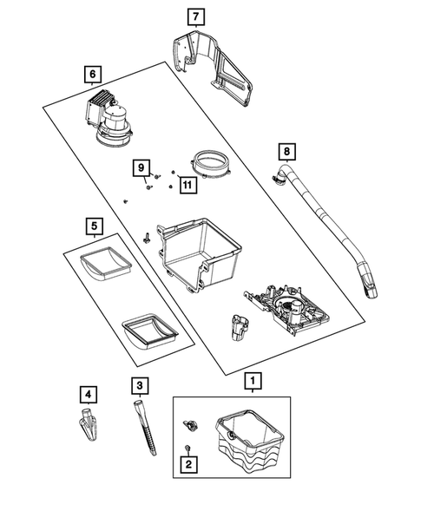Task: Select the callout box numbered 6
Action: (93, 75)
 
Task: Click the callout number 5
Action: (93, 227)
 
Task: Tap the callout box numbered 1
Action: (252, 379)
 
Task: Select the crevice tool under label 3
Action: (147, 429)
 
